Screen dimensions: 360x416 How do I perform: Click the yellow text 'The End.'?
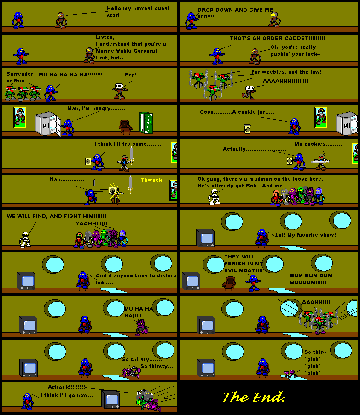point(254,397)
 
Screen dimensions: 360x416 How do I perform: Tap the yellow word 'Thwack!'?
point(152,180)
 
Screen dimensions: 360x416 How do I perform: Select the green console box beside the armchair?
point(146,122)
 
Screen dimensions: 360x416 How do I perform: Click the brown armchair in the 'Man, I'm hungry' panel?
point(125,127)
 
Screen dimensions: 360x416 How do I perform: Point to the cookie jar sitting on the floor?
point(248,129)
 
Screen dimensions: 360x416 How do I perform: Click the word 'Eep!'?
point(131,75)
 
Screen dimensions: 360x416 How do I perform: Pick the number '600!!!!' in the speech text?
point(206,17)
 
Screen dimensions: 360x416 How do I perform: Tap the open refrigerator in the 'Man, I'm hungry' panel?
point(48,124)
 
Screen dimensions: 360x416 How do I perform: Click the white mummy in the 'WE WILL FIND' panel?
point(25,240)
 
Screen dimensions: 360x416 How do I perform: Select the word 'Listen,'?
point(105,37)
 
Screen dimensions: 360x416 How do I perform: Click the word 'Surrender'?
point(20,74)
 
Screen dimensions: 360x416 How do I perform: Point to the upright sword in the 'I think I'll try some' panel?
point(132,155)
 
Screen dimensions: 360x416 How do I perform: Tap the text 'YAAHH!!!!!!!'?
point(91,223)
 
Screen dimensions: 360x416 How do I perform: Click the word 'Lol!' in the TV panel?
point(280,235)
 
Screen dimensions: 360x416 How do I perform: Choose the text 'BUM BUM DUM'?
point(311,275)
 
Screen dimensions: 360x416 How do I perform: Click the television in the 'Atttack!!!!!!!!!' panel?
point(110,399)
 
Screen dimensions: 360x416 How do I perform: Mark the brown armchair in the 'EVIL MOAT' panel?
point(229,283)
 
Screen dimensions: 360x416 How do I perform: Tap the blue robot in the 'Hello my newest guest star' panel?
point(18,20)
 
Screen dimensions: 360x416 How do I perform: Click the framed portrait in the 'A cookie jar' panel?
point(321,117)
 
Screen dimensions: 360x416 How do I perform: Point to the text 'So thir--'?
point(315,352)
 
